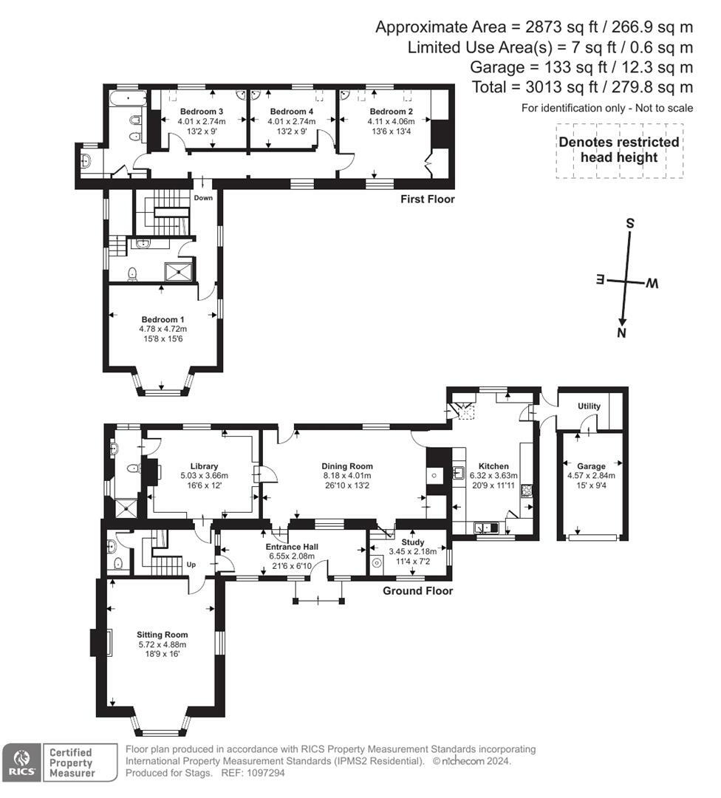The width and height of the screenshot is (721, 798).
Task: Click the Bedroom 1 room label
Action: click(x=163, y=319)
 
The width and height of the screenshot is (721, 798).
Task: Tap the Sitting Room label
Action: click(x=163, y=634)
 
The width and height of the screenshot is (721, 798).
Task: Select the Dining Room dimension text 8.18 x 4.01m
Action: click(x=346, y=476)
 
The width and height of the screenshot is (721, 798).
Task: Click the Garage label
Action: click(x=591, y=466)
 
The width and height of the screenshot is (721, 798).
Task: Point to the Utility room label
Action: click(x=589, y=406)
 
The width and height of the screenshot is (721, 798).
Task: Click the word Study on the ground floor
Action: click(x=413, y=542)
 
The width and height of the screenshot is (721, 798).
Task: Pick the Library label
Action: click(x=204, y=466)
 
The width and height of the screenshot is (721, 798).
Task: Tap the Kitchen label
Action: click(x=493, y=466)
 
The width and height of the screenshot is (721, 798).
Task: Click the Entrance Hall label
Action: click(x=290, y=547)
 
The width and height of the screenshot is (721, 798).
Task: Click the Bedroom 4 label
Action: click(x=286, y=112)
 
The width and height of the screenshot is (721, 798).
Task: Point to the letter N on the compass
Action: click(x=622, y=334)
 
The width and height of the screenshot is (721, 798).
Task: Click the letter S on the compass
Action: click(x=630, y=223)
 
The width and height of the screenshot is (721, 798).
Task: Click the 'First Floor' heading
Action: click(x=427, y=199)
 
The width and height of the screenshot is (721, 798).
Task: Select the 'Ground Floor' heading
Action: click(x=417, y=590)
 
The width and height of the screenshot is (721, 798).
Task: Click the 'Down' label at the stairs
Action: click(x=203, y=198)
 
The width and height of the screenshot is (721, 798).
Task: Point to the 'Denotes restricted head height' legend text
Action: click(x=618, y=149)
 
